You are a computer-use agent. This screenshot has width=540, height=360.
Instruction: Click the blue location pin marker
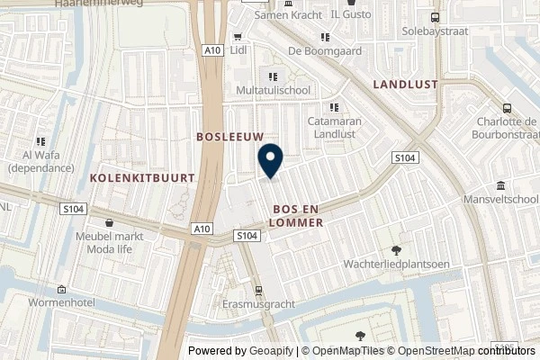click(x=270, y=161)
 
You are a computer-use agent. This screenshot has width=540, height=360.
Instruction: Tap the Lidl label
click(x=238, y=50)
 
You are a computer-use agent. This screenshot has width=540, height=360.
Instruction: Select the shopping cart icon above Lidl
click(x=238, y=37)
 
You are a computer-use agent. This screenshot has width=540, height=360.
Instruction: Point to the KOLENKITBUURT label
click(x=142, y=178)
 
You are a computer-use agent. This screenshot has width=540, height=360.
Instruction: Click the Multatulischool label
click(x=274, y=92)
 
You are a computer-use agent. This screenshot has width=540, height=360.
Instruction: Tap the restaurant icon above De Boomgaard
click(x=325, y=37)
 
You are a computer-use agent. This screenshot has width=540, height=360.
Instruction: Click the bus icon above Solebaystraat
click(x=436, y=17)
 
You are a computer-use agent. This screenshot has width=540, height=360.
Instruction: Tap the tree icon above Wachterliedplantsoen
click(x=396, y=250)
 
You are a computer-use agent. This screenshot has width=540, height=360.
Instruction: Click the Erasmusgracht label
click(x=258, y=304)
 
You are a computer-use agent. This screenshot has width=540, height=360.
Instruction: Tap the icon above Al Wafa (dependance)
click(x=40, y=141)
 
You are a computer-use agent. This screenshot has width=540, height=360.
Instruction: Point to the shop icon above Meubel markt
click(x=110, y=223)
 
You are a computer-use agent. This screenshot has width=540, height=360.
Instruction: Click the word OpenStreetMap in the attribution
click(x=437, y=351)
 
